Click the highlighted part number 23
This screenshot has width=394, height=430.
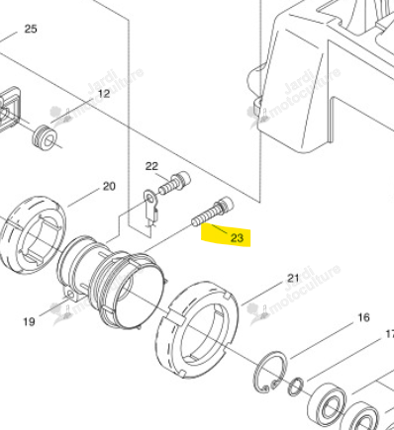tap(237, 237)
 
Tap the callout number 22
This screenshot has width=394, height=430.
tap(151, 166)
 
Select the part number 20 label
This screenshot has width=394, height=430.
tap(109, 187)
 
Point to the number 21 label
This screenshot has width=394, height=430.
tap(293, 279)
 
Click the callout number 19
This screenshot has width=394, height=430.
tap(29, 321)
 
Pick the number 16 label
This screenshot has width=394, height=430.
tap(363, 317)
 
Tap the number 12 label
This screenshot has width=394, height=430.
tap(104, 94)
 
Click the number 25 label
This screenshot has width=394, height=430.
tap(31, 29)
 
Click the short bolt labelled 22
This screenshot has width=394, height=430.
tap(174, 183)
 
